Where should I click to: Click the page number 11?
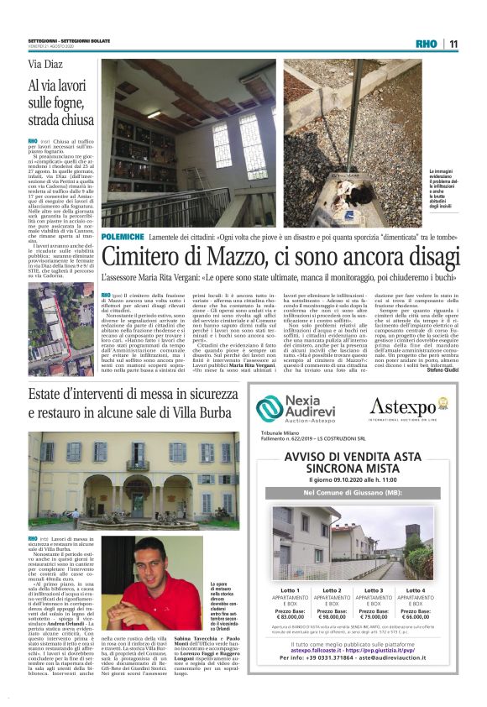[x=453, y=44]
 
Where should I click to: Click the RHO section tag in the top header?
[x=427, y=44]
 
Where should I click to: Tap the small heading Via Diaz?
[x=46, y=65]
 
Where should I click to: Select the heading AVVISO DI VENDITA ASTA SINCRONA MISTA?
[x=352, y=462]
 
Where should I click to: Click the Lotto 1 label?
[x=291, y=590]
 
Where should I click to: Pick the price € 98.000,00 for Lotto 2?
[x=332, y=616]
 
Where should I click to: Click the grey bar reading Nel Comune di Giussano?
[x=352, y=492]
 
